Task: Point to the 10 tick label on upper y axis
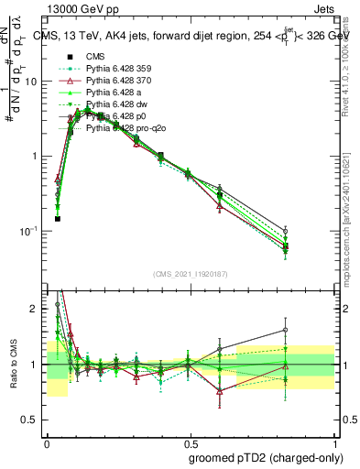[x=33, y=82]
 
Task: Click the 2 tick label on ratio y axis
[x=37, y=309]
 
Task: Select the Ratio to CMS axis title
[x=12, y=364]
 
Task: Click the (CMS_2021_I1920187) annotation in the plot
[x=189, y=274]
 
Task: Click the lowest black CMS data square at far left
[x=58, y=219]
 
